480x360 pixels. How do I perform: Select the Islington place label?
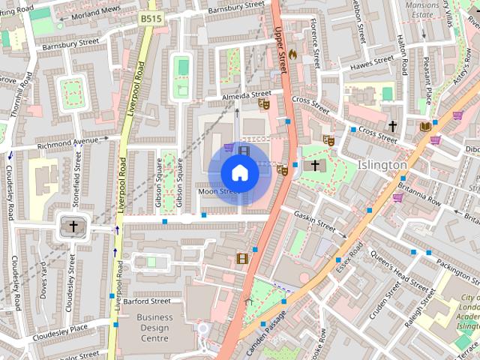coord(382,164)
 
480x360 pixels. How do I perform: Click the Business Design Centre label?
coord(154,328)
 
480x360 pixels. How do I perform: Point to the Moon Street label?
coord(218,192)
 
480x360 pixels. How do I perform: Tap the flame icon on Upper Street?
coord(292,54)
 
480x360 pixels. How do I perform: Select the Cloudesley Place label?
coord(59,327)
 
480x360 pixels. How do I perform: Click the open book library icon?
coord(425,127)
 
